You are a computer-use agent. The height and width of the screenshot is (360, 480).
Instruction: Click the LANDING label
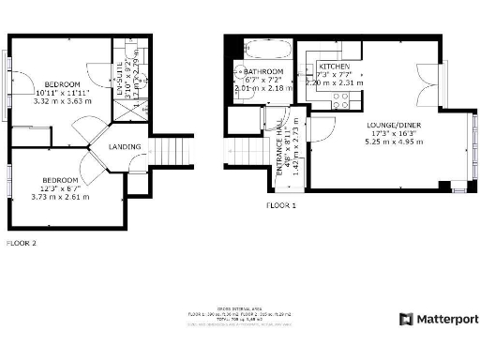(125, 147)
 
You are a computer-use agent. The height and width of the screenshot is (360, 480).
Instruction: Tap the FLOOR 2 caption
(21, 243)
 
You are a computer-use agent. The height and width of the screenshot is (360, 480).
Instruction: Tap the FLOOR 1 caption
(280, 203)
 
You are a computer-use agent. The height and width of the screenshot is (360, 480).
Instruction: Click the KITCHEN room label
(334, 67)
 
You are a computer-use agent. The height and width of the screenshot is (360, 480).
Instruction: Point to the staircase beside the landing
(166, 150)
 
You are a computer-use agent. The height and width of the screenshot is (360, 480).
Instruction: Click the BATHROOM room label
(262, 71)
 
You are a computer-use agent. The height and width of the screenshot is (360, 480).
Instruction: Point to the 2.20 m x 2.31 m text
(334, 83)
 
